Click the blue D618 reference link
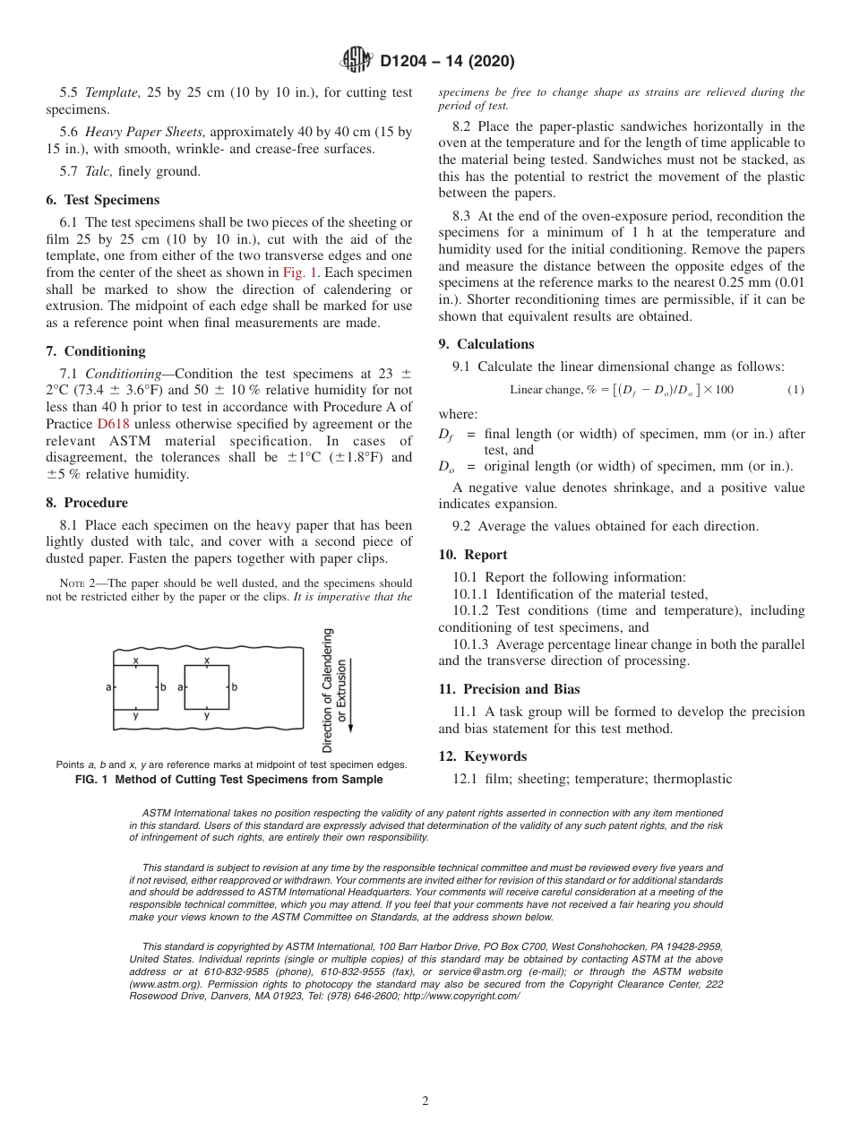click(113, 424)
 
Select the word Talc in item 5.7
click(99, 171)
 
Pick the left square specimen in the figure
click(135, 687)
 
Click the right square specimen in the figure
click(206, 687)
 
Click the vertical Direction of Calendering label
click(328, 690)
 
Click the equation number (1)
click(795, 389)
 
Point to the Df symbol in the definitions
click(445, 435)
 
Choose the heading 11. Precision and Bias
click(509, 689)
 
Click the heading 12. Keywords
click(482, 756)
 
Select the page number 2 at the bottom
click(425, 1101)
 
